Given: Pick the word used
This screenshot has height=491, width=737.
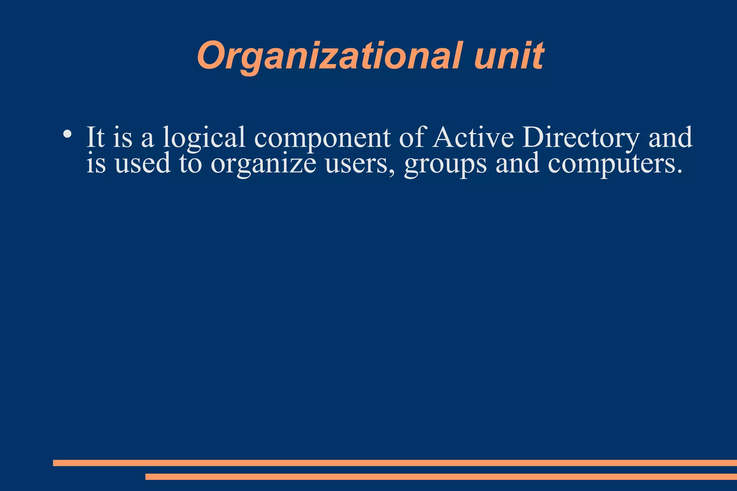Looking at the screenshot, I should (143, 163).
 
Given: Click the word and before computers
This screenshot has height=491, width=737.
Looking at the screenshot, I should (517, 163).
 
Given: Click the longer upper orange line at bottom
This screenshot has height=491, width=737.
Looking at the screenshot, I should (395, 463).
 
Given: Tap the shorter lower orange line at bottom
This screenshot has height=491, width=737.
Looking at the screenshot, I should (441, 477).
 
